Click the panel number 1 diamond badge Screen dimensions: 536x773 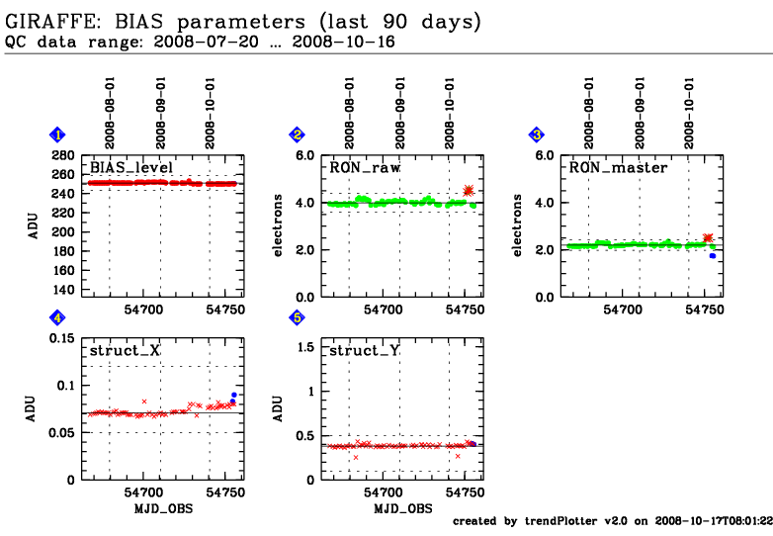point(57,134)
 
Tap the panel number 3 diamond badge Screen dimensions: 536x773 point(537,134)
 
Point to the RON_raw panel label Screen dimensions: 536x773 point(365,167)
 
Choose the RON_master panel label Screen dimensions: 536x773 point(618,167)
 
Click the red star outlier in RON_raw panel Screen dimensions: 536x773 point(469,191)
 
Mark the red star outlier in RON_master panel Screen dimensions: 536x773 point(708,238)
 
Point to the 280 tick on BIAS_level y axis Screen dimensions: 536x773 point(63,155)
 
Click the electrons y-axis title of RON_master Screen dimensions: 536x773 point(520,225)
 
